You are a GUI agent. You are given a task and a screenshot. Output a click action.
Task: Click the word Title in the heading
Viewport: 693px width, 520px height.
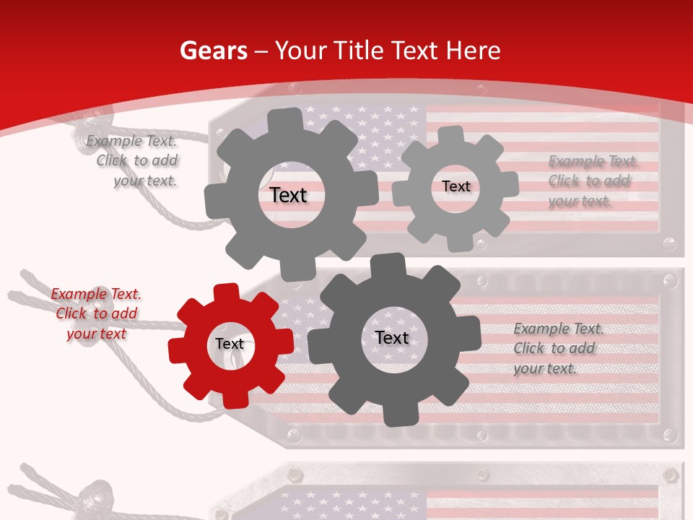(358, 51)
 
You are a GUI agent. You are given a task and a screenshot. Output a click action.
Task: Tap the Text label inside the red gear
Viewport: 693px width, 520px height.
(230, 344)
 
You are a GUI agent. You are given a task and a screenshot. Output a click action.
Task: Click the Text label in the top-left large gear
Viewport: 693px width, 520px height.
(288, 195)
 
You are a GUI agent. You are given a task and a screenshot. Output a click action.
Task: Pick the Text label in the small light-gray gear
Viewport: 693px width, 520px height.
(456, 186)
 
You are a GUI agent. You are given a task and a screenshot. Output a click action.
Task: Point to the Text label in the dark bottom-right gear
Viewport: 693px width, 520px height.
(392, 337)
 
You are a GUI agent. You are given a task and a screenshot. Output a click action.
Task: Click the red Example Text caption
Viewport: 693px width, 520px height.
(96, 313)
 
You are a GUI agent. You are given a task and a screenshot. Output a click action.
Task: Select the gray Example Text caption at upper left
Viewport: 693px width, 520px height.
(131, 160)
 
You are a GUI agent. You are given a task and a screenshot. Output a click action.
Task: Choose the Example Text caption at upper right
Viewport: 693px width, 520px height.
(593, 181)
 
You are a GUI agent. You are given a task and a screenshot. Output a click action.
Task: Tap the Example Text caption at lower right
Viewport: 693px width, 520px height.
(559, 348)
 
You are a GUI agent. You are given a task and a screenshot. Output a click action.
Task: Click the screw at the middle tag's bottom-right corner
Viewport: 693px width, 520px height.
(669, 435)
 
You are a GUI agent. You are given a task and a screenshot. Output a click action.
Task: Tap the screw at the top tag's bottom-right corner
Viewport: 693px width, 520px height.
(669, 243)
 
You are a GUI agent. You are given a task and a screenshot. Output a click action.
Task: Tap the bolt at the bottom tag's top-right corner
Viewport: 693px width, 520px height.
(669, 474)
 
